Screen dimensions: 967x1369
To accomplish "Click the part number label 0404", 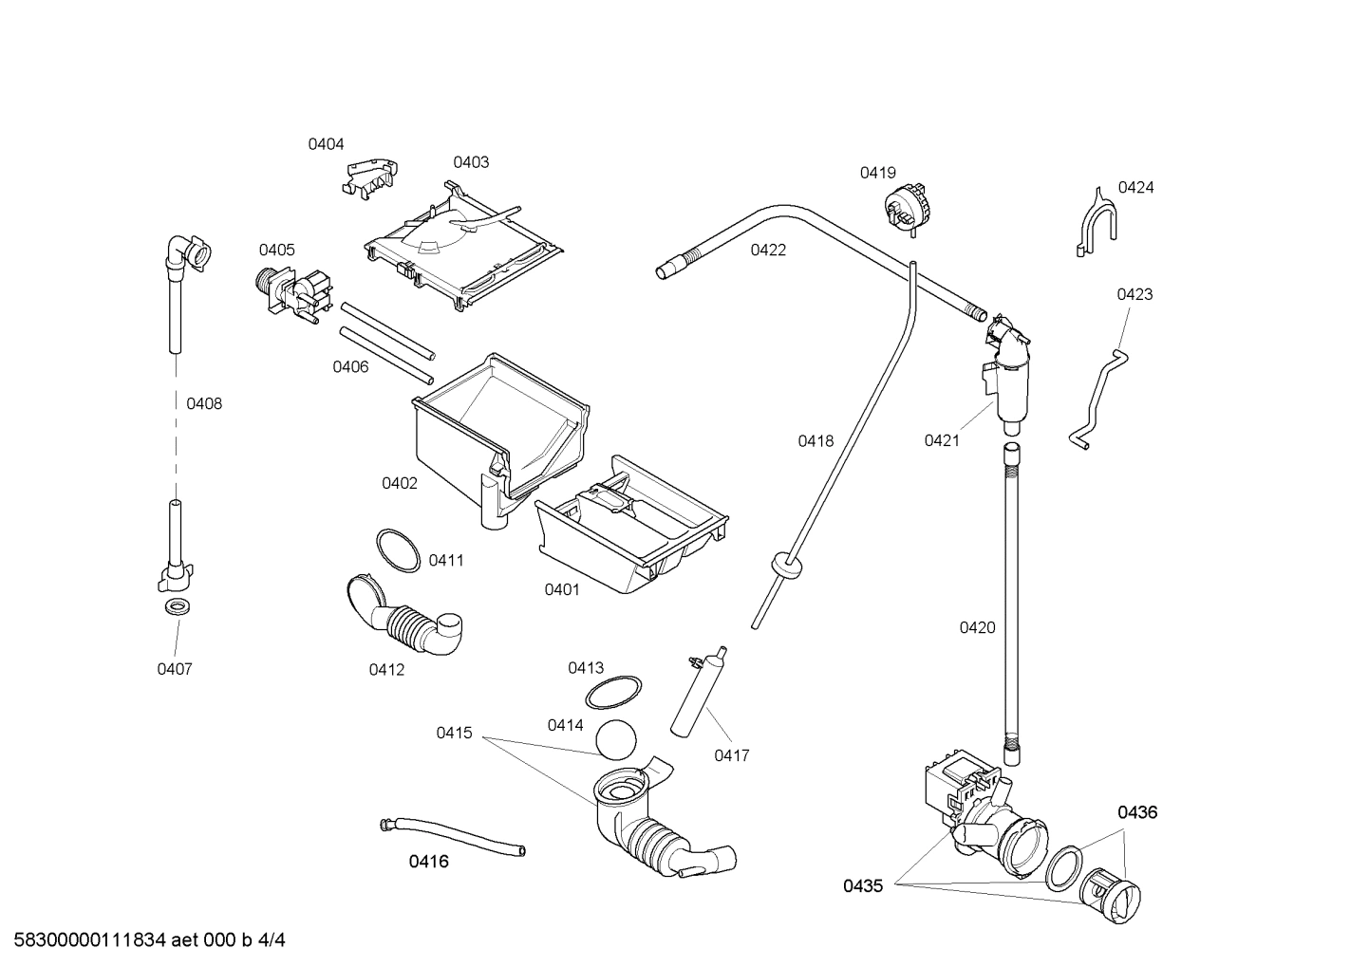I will click(326, 144).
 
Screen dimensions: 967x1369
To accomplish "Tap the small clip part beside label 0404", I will click(369, 177).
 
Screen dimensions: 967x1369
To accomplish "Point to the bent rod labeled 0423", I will click(1100, 399).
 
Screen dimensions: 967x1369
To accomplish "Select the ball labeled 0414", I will click(617, 739).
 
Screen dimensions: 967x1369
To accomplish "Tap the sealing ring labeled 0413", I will click(612, 693).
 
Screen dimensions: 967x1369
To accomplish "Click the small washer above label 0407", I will click(176, 606).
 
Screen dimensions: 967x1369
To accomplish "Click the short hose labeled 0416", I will click(452, 835).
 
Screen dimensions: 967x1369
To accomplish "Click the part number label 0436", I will click(1136, 812).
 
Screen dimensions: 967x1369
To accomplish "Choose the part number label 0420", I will click(977, 627).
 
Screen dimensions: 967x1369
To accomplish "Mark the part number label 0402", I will click(400, 483).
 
